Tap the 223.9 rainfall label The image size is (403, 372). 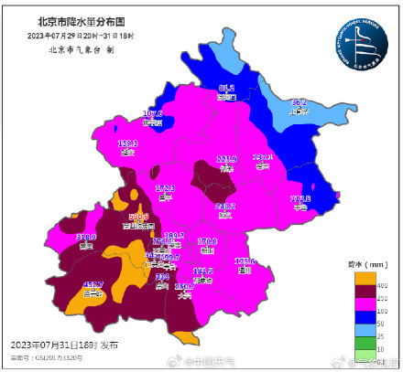coord(226,159)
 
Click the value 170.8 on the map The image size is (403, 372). coord(208,242)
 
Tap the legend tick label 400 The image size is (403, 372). coord(381,286)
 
